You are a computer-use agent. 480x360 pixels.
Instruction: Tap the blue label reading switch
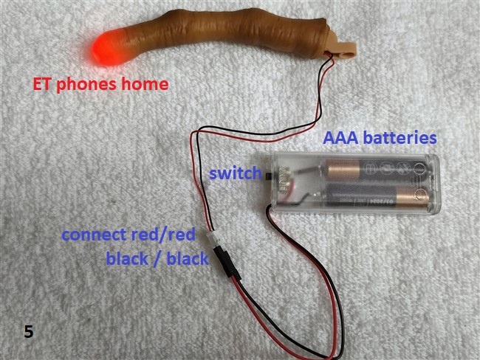[235, 175]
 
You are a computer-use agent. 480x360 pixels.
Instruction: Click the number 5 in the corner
[28, 331]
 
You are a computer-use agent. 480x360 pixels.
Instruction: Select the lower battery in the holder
[369, 196]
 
